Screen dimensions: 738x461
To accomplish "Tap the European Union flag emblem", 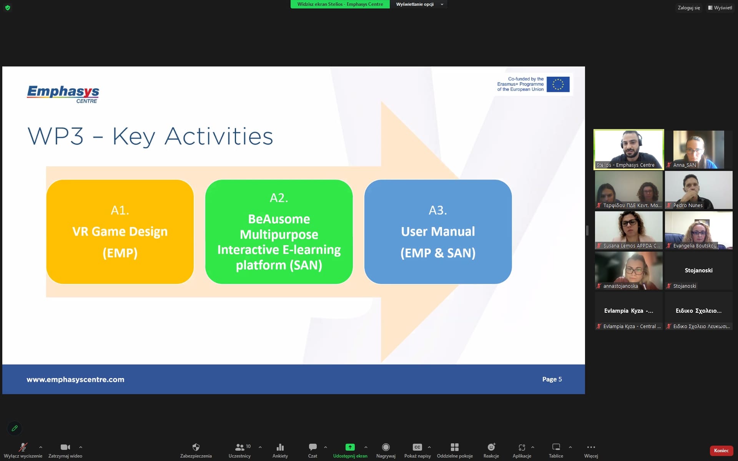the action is (x=558, y=84).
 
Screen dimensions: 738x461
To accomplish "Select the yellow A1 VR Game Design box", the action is (x=120, y=232).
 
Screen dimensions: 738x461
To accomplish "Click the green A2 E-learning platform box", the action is (x=279, y=232).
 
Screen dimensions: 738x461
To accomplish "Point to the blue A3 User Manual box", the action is (x=438, y=232).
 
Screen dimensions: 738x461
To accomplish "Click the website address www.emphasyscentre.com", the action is (x=75, y=379).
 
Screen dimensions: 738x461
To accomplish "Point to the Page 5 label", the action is (x=552, y=379).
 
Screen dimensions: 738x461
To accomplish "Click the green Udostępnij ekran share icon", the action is (x=350, y=447).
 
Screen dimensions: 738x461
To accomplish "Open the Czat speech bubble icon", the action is (x=313, y=447).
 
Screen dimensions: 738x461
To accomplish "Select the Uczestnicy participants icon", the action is (x=239, y=447).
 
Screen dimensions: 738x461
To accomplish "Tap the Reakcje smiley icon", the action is (x=491, y=447).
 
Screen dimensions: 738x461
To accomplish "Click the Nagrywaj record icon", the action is (x=386, y=447).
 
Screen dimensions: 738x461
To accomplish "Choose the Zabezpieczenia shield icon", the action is (x=196, y=447).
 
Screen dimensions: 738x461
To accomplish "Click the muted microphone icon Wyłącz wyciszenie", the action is (x=23, y=447).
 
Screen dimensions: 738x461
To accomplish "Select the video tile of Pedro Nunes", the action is (x=699, y=190).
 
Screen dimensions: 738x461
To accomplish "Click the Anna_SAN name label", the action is (x=685, y=165).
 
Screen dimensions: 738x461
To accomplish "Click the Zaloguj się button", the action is (x=689, y=8).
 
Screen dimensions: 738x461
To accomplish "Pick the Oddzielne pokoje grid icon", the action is (x=455, y=447).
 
